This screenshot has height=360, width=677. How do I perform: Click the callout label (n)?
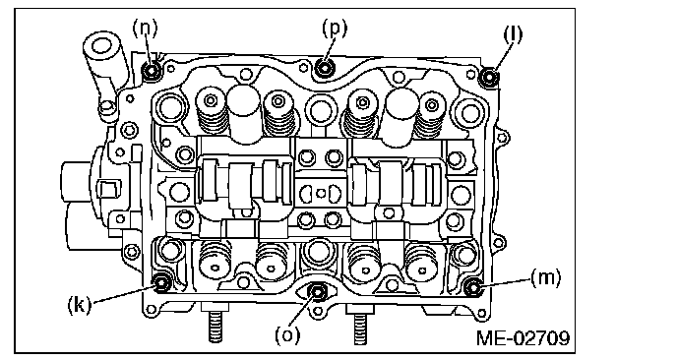[x=145, y=28]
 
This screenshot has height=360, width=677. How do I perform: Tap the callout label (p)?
[x=335, y=29]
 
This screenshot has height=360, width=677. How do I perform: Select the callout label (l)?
[x=513, y=34]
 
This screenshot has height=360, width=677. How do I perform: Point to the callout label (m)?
[x=545, y=278]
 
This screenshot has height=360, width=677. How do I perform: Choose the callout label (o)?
[x=287, y=335]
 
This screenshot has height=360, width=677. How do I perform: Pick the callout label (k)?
[x=80, y=305]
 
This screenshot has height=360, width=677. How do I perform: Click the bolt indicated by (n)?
[x=152, y=71]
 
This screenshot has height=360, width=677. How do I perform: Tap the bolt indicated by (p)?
[x=325, y=67]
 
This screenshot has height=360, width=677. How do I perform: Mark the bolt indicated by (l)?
[x=490, y=77]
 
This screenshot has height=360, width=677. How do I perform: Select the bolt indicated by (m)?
[x=473, y=287]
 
